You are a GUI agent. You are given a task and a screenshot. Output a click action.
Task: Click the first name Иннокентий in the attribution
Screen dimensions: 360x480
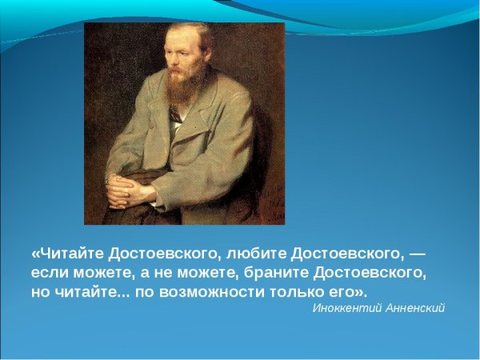point(341,308)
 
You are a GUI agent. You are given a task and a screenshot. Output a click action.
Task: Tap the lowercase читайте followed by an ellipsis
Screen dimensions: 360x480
point(82,290)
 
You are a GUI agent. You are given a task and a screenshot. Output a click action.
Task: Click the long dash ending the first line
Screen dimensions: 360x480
point(417,254)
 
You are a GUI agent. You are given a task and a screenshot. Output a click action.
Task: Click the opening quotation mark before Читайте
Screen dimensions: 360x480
point(35,254)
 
